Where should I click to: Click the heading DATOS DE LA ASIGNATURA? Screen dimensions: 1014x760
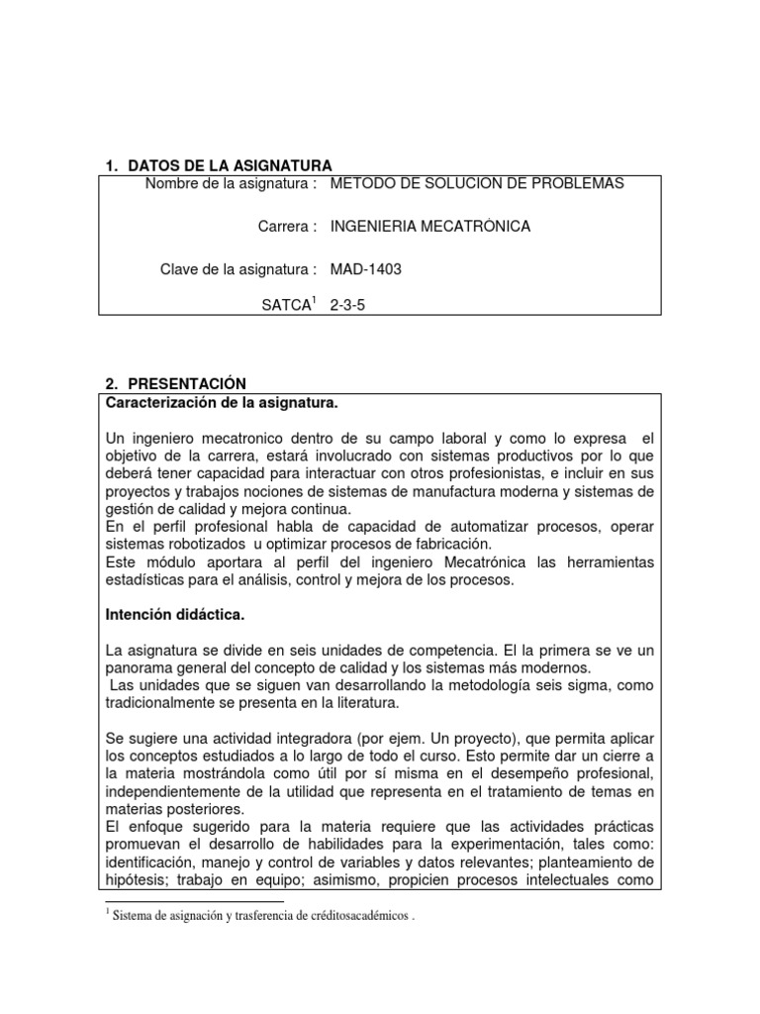pos(228,164)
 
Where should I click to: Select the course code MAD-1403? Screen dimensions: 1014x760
pos(365,268)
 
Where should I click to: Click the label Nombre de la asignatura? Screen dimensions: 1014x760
pos(231,184)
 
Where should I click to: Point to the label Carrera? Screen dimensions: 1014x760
pos(287,227)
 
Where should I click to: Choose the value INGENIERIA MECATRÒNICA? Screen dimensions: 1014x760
pos(429,227)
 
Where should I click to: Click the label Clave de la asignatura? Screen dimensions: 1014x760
pos(237,268)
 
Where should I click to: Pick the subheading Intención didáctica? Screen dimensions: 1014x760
pos(175,615)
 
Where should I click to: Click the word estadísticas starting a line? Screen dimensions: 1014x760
pos(145,580)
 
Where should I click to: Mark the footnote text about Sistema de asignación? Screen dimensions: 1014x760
pos(263,916)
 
